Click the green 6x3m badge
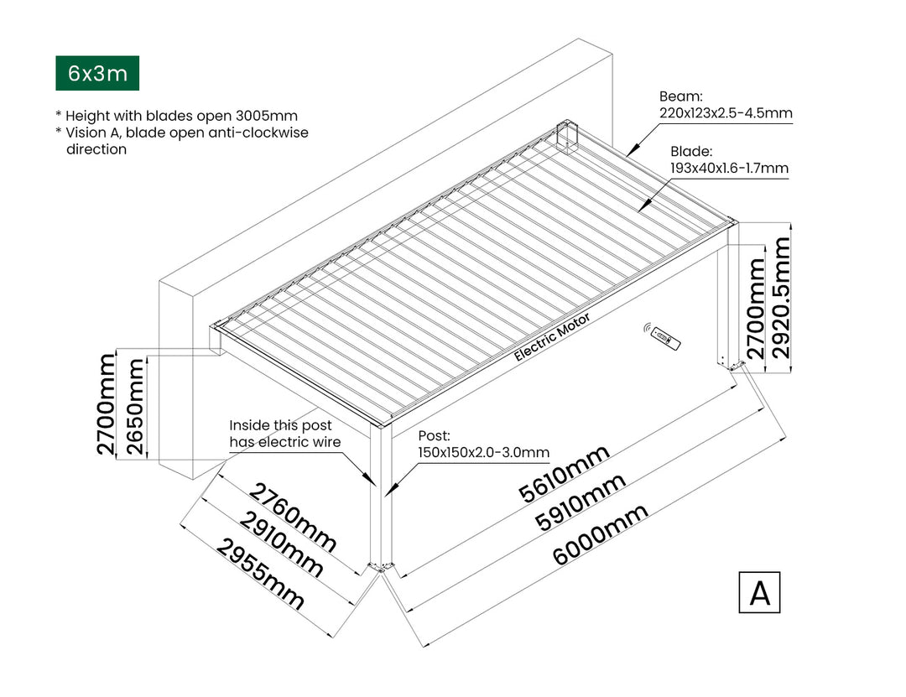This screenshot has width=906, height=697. [x=96, y=74]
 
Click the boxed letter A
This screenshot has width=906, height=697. [x=759, y=592]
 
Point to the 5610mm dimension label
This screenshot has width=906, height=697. [x=563, y=474]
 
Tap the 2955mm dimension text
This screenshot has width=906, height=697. [x=261, y=573]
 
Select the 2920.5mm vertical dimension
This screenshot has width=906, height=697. [x=783, y=297]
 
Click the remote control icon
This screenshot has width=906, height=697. [x=664, y=337]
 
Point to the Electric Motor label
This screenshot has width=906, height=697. [x=551, y=336]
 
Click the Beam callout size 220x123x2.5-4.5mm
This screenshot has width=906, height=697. [x=726, y=112]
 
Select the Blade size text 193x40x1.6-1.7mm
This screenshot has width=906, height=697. [x=729, y=169]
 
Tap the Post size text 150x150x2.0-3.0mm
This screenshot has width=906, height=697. [x=483, y=452]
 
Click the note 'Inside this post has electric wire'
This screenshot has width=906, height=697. [x=280, y=434]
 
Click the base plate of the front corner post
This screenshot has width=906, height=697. [x=383, y=568]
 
